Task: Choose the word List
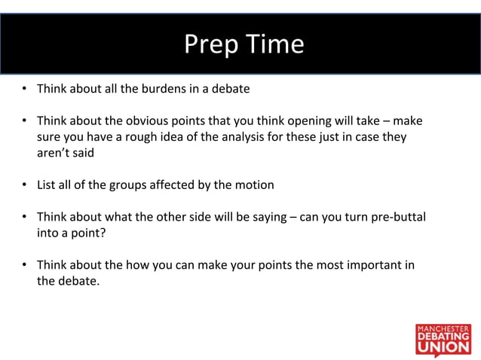pos(47,185)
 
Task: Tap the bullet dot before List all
pos(25,185)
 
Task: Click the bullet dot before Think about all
pos(25,89)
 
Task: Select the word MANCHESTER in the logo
pos(443,328)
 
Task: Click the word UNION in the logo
pos(443,349)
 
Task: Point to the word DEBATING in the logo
pos(443,337)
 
